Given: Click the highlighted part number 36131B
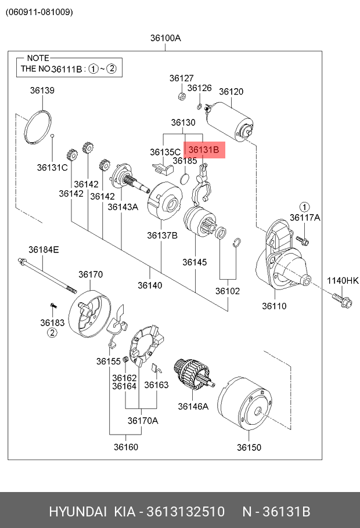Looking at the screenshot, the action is click(x=204, y=150).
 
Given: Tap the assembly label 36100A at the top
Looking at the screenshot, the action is click(x=165, y=38).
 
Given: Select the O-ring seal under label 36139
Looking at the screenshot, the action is click(x=38, y=127).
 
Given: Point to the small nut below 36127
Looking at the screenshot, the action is click(x=182, y=96).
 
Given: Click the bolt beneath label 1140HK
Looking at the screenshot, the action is click(x=342, y=299).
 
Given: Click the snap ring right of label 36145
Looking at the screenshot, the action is click(x=237, y=243).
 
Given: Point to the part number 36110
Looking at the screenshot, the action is click(x=275, y=306).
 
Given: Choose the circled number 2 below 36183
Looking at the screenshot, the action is click(x=52, y=332).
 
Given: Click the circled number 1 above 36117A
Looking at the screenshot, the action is click(x=304, y=207).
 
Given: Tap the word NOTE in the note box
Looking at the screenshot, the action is click(x=38, y=58).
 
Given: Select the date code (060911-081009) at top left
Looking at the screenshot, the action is click(x=39, y=12).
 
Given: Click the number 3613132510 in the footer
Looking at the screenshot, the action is click(x=185, y=512).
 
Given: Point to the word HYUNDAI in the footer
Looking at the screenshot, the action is click(x=78, y=512).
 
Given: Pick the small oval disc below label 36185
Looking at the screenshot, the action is click(x=184, y=179).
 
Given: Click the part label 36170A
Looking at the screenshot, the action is click(x=143, y=421).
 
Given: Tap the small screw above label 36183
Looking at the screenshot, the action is click(x=53, y=305).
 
